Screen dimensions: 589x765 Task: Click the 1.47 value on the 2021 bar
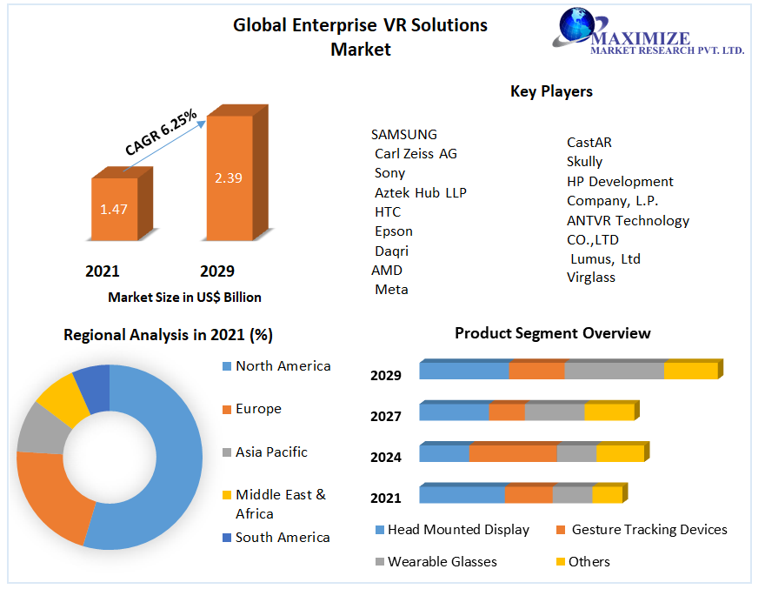(x=114, y=209)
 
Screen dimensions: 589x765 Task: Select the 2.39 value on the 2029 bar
(x=229, y=177)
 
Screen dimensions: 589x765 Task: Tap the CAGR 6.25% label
(x=162, y=132)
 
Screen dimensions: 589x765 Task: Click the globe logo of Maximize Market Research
(x=574, y=26)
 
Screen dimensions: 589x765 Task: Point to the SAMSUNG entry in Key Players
(x=404, y=134)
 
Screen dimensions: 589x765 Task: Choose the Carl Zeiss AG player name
(x=416, y=153)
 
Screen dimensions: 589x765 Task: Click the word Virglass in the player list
(x=591, y=278)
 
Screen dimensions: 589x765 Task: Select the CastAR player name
(x=589, y=142)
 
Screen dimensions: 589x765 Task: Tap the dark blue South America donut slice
(x=93, y=385)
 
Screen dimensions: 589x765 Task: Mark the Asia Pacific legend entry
(x=271, y=452)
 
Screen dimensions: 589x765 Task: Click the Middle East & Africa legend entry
(x=280, y=504)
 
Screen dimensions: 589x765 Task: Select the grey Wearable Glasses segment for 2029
(x=614, y=371)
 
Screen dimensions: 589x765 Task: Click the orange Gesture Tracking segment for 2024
(x=513, y=453)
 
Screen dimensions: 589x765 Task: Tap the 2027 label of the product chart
(x=386, y=416)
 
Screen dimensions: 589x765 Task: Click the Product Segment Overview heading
(x=552, y=333)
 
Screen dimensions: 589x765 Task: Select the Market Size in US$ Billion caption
(x=184, y=297)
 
